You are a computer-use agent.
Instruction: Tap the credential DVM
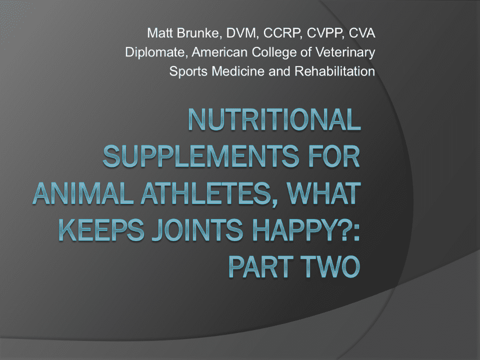click(x=241, y=33)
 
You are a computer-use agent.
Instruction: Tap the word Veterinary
click(x=345, y=52)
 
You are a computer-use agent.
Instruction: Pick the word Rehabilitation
click(x=334, y=71)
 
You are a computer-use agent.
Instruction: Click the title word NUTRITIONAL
click(x=274, y=119)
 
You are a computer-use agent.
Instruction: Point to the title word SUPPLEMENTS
click(x=201, y=156)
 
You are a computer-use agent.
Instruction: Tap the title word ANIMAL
click(x=83, y=193)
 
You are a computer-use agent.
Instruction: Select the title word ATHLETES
click(x=209, y=194)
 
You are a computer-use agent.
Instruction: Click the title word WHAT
click(x=322, y=193)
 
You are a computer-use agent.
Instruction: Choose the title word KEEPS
click(x=101, y=230)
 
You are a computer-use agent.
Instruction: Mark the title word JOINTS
click(x=198, y=230)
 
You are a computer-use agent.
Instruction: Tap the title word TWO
click(x=330, y=266)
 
